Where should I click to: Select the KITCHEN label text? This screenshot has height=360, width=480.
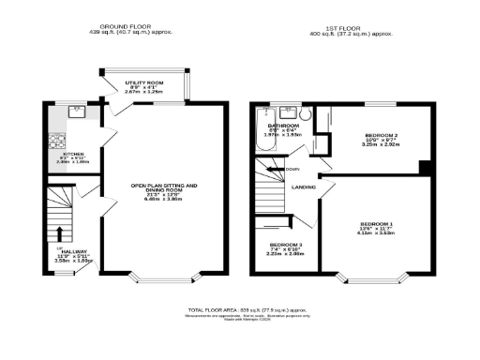coord(74,153)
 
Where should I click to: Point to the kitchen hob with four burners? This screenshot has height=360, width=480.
coord(55,142)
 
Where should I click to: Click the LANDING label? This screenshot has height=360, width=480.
coord(303,187)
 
